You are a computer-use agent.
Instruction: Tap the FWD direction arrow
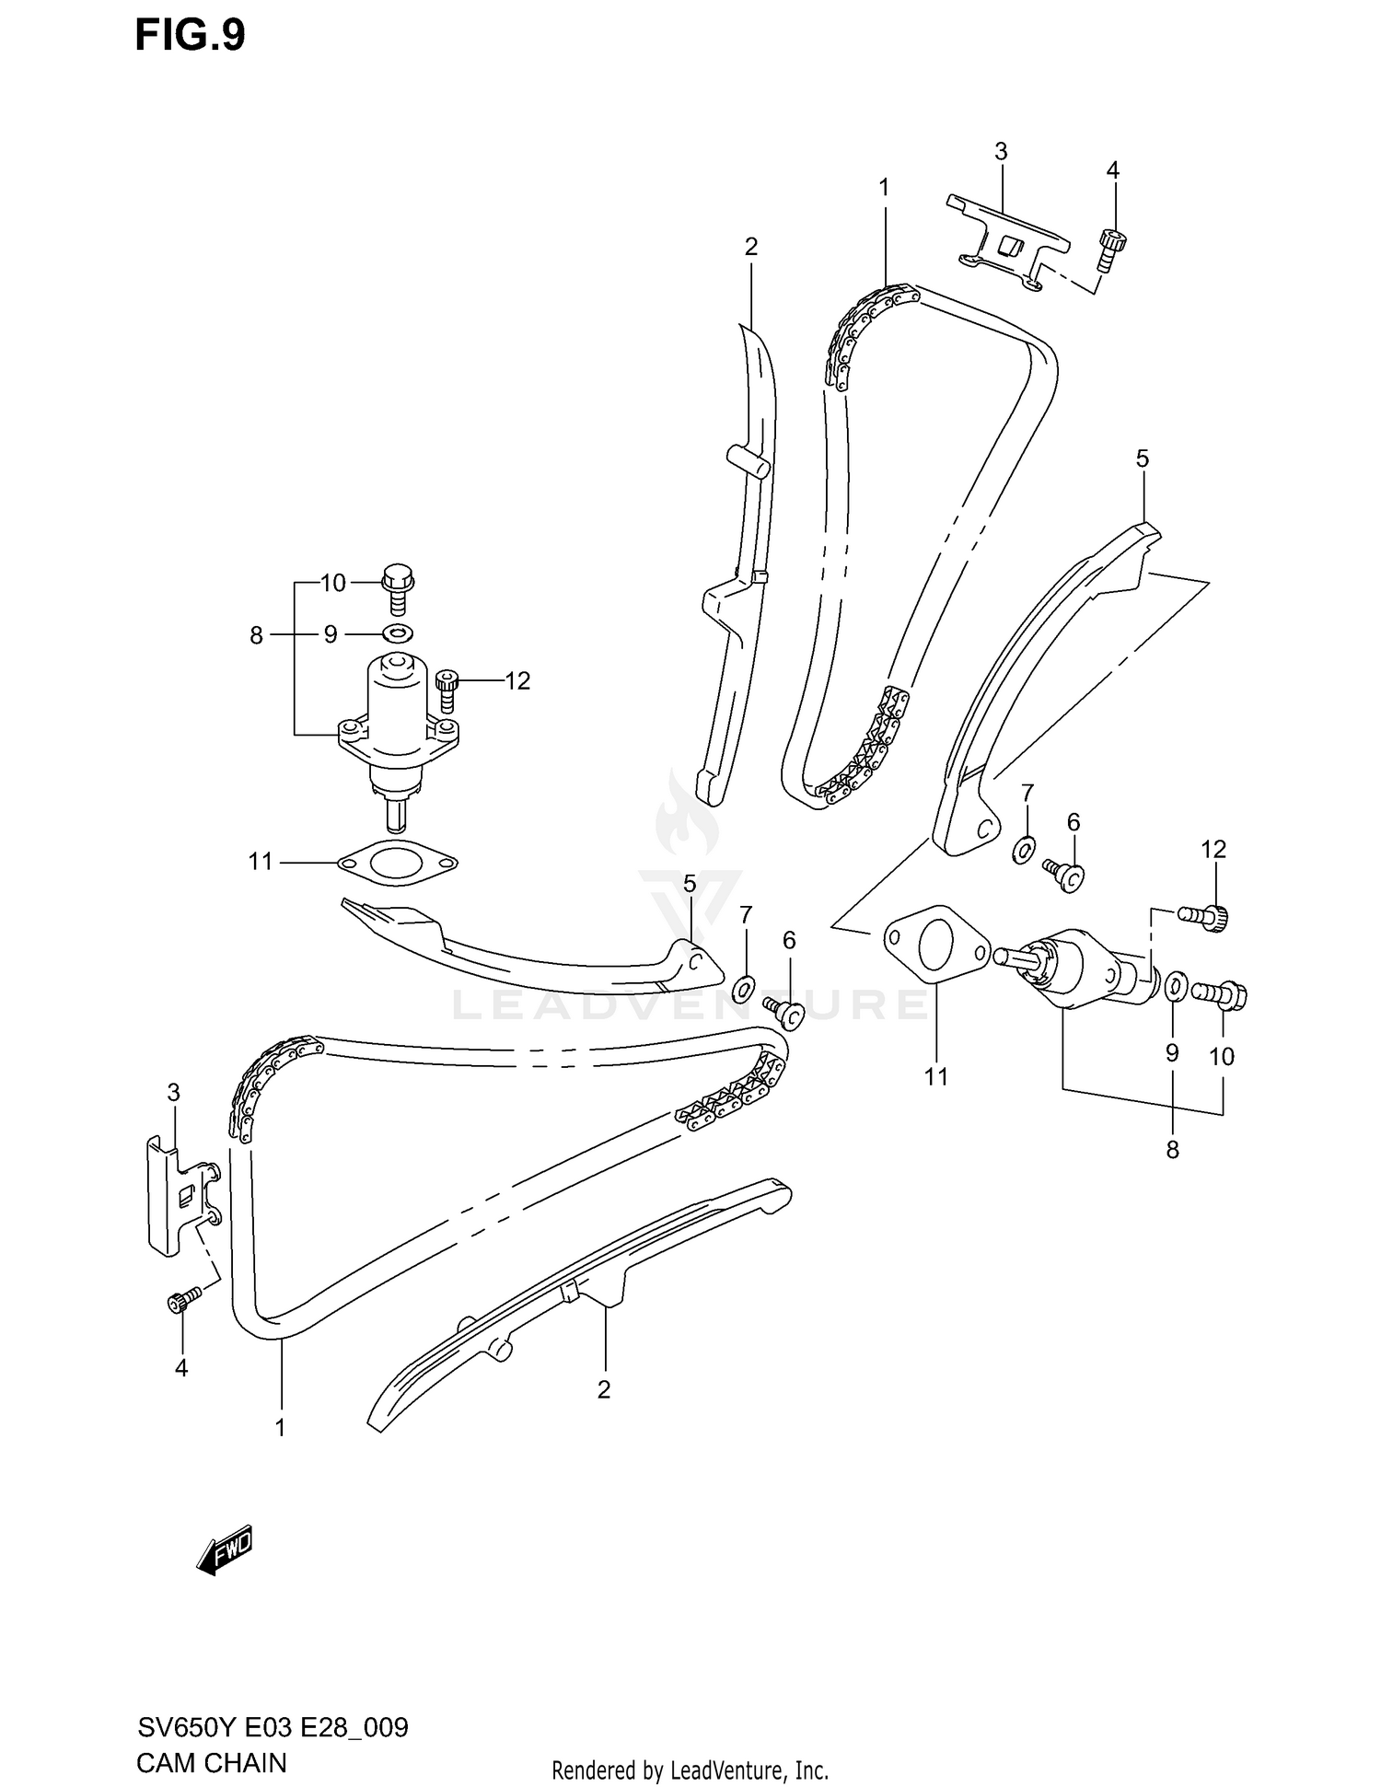(x=224, y=1555)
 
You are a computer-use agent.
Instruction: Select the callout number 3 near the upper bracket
(x=1001, y=151)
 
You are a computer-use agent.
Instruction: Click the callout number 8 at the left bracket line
(x=256, y=635)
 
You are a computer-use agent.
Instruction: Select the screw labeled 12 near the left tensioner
(x=447, y=690)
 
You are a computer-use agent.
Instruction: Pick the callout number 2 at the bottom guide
(x=604, y=1389)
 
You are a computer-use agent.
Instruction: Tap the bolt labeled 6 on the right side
(x=1065, y=874)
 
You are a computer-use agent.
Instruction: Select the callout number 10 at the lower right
(x=1221, y=1056)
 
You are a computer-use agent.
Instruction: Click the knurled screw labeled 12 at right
(x=1205, y=916)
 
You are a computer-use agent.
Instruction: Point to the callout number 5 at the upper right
(x=1142, y=458)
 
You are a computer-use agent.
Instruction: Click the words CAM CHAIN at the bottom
(x=211, y=1763)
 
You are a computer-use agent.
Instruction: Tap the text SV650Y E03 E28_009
(x=273, y=1727)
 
